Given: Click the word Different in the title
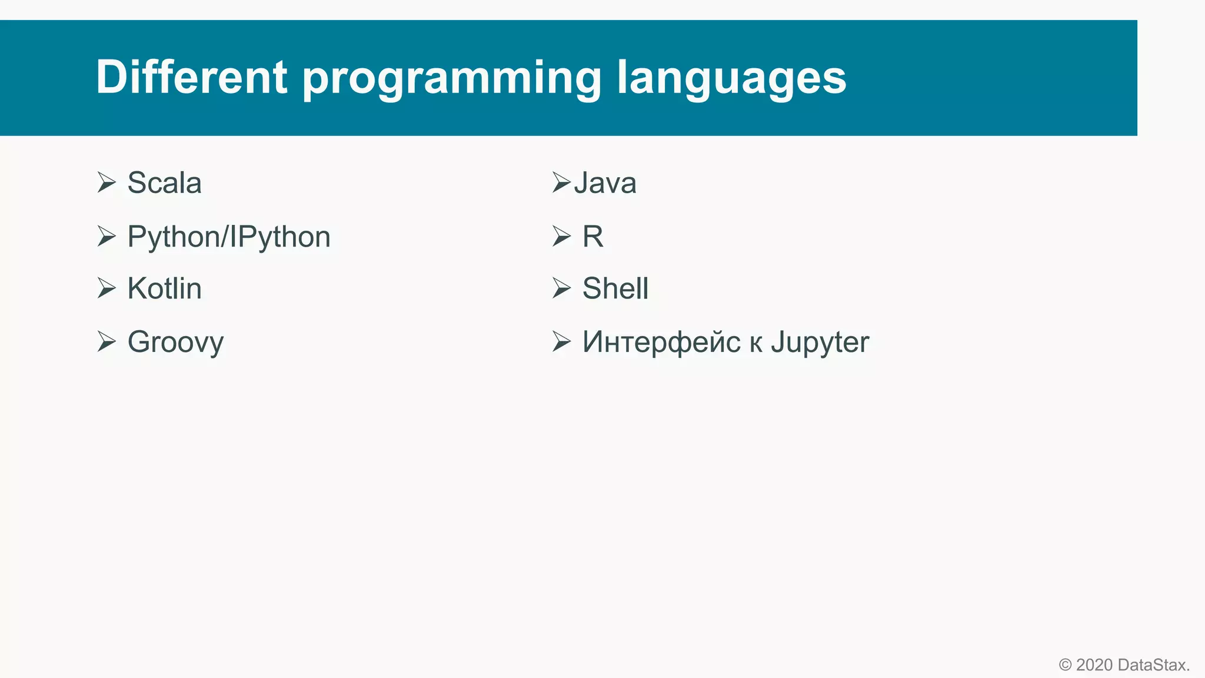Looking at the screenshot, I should (x=191, y=77).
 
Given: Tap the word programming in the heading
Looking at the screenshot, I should (x=451, y=78).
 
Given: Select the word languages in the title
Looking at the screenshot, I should (x=731, y=78).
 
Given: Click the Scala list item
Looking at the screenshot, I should (x=164, y=183).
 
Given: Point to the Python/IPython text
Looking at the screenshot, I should (x=229, y=237).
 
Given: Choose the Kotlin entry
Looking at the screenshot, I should (x=164, y=289).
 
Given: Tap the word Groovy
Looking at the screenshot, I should (x=175, y=343).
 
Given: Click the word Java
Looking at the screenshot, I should (x=605, y=183).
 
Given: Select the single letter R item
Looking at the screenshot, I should (x=592, y=237).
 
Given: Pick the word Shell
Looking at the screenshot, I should (x=615, y=289).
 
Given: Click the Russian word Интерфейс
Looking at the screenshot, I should (x=661, y=343).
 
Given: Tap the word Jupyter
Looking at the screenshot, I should (x=820, y=343).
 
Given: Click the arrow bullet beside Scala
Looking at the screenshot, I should (x=106, y=182).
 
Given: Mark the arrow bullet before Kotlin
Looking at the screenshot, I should (x=106, y=288).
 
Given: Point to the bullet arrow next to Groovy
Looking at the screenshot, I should (x=106, y=341).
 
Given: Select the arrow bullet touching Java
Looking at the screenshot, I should (x=561, y=182).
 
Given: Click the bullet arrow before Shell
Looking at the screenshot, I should (x=561, y=288).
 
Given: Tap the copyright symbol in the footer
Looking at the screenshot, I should (x=1065, y=665).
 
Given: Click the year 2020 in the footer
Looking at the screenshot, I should (x=1094, y=665).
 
